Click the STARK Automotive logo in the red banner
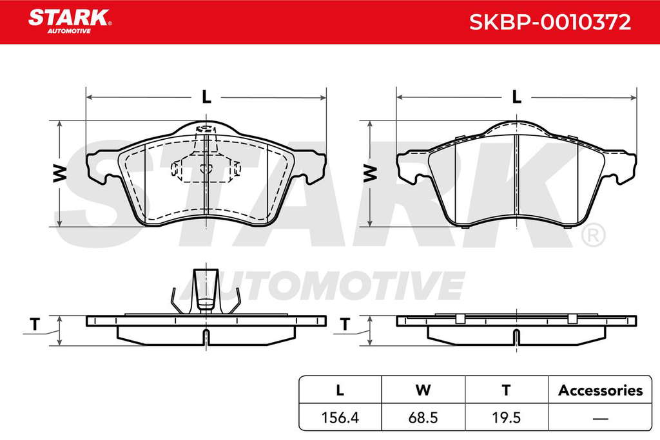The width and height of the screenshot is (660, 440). tap(70, 21)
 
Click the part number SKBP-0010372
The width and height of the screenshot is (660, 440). tap(550, 22)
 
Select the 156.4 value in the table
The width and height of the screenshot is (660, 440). tap(340, 417)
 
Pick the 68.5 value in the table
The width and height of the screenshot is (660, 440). tap(423, 417)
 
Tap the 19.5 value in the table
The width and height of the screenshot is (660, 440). tap(507, 417)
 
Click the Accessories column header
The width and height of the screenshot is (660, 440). tap(600, 390)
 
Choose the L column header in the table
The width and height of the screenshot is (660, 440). tap(340, 390)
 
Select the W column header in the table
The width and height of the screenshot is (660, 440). tap(423, 390)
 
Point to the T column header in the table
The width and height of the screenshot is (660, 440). tap(507, 390)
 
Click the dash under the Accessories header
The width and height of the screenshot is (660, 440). tap(600, 419)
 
